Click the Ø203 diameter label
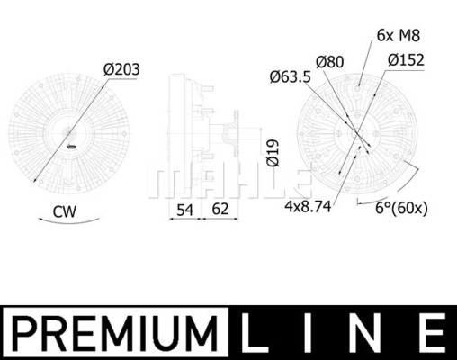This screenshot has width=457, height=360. pyautogui.click(x=121, y=69)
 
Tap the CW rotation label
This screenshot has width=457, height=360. pyautogui.click(x=65, y=211)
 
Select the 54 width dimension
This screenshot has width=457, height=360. pyautogui.click(x=184, y=210)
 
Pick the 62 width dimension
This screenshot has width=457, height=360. pyautogui.click(x=220, y=209)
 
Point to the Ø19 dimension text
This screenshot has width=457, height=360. pyautogui.click(x=273, y=153)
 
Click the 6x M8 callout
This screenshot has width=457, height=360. pyautogui.click(x=399, y=36)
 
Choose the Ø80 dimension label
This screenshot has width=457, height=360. pyautogui.click(x=330, y=62)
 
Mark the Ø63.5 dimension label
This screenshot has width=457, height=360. pyautogui.click(x=291, y=77)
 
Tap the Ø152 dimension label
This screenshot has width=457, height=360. pyautogui.click(x=406, y=60)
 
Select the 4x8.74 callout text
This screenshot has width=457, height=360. pyautogui.click(x=308, y=206)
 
